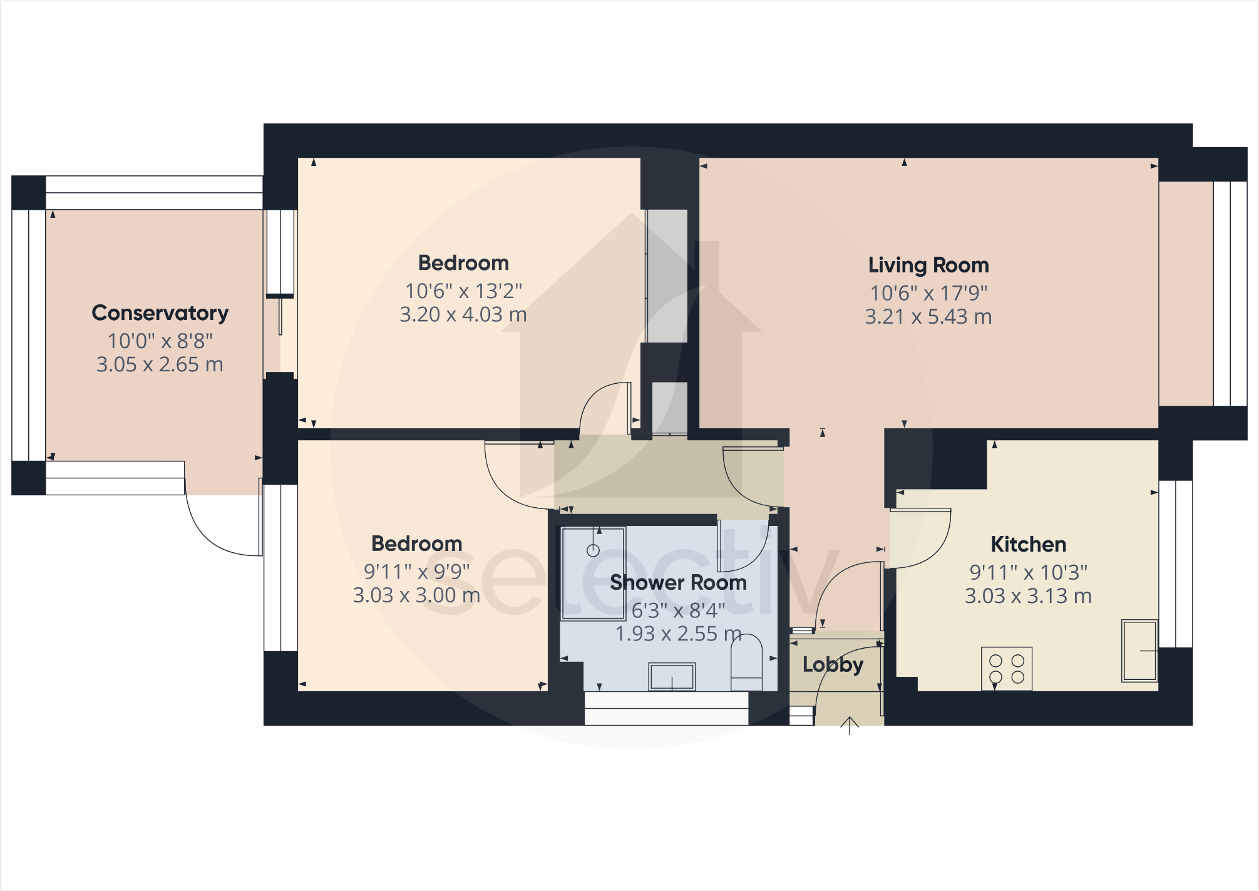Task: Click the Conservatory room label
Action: click(x=160, y=313)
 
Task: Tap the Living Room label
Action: click(x=928, y=265)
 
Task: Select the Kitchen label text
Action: click(x=1028, y=545)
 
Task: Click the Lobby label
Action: click(x=833, y=664)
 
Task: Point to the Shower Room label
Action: click(x=678, y=583)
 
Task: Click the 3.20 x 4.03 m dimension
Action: click(x=463, y=314)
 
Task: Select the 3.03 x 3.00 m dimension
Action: click(x=416, y=595)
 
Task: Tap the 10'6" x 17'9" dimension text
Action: click(x=928, y=293)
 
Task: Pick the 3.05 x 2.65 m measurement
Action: click(x=160, y=364)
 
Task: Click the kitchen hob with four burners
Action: click(x=1007, y=669)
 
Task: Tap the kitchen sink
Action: click(x=1139, y=651)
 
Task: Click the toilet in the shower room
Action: click(x=746, y=662)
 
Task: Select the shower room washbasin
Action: click(x=672, y=676)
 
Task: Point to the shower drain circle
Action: click(x=593, y=550)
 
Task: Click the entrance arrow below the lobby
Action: click(x=850, y=726)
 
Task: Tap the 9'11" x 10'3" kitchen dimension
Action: click(x=1028, y=572)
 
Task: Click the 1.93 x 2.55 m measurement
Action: click(x=678, y=634)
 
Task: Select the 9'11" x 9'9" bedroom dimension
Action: click(x=416, y=572)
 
